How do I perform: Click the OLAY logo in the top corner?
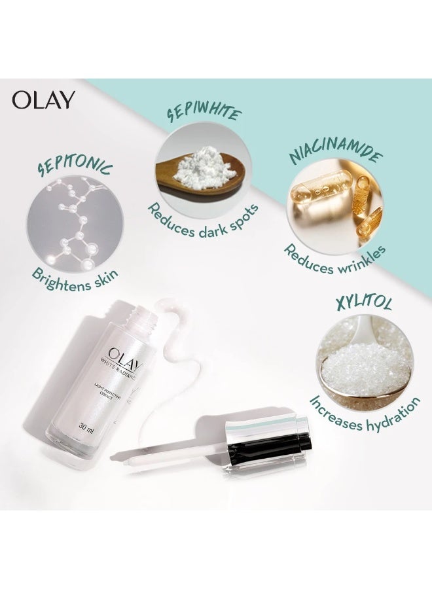(43, 99)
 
